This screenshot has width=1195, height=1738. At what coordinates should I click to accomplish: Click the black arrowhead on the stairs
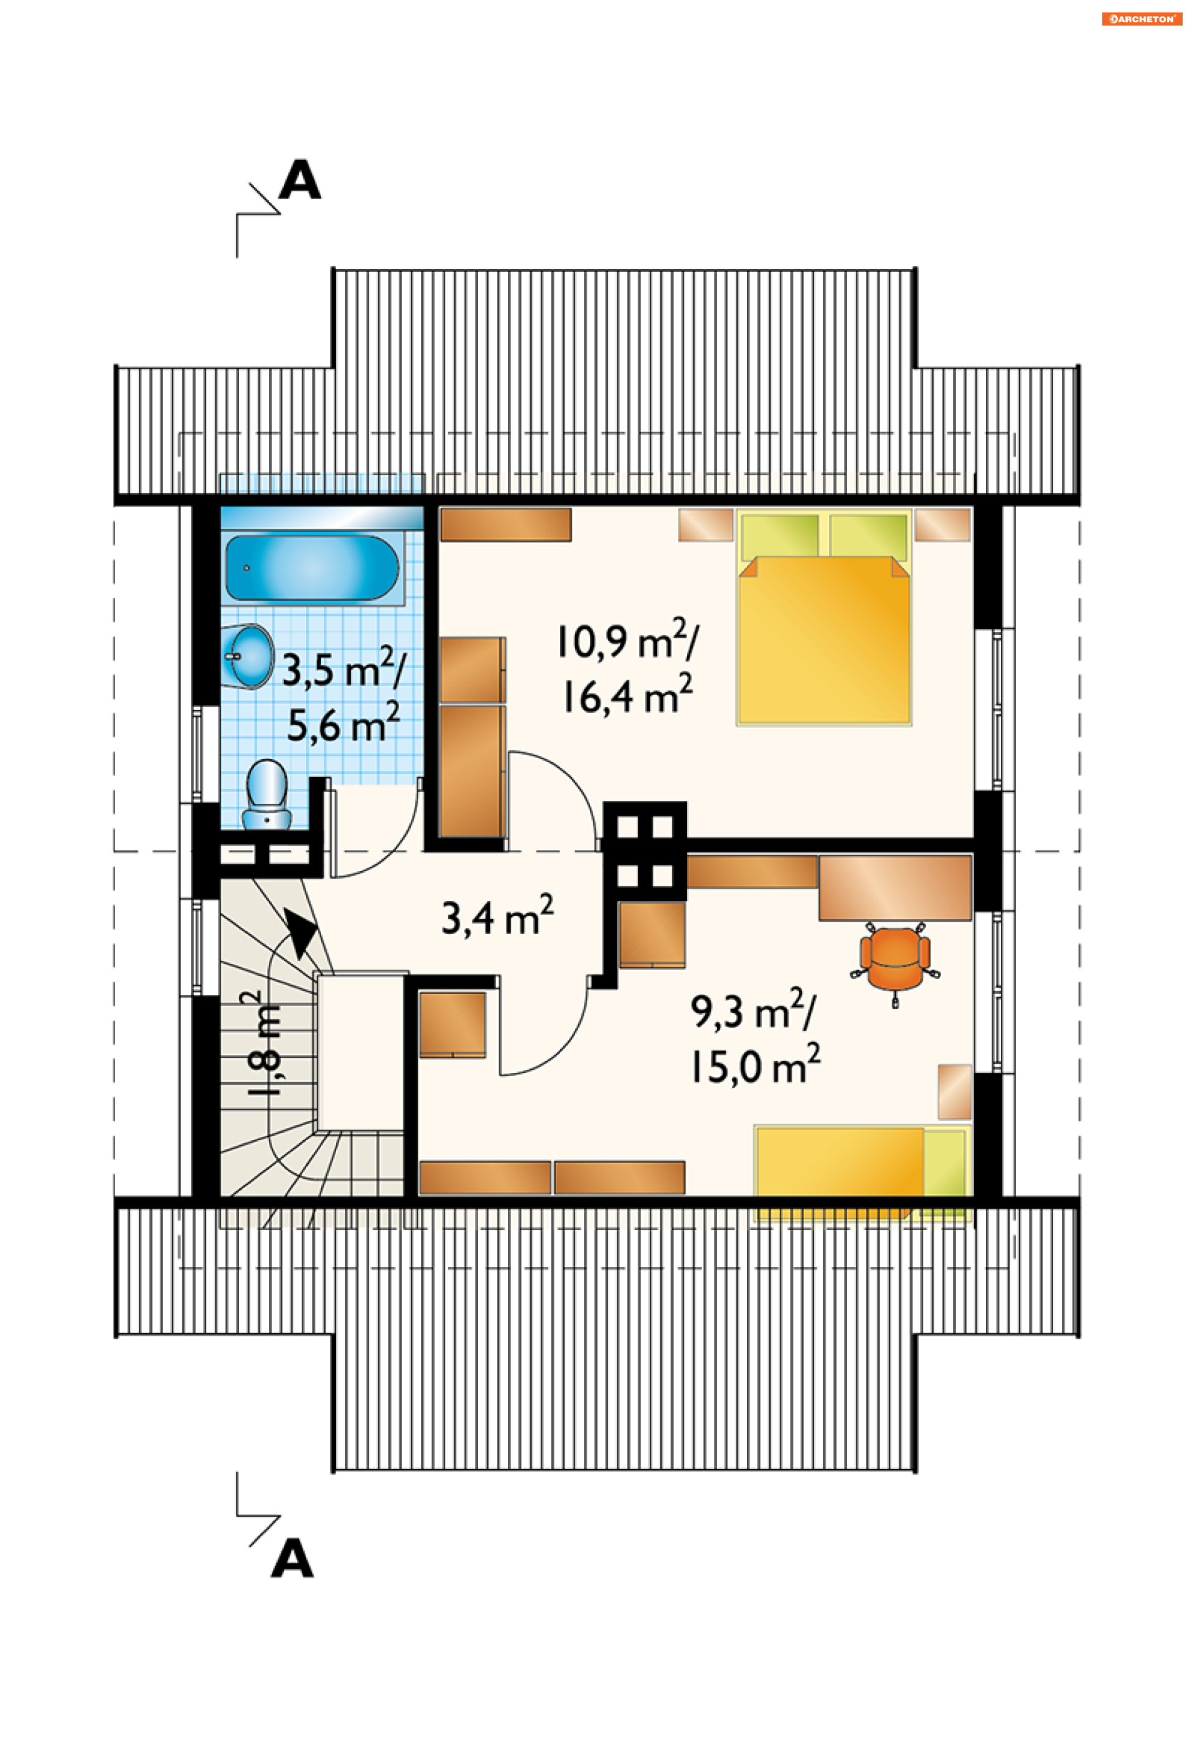click(301, 935)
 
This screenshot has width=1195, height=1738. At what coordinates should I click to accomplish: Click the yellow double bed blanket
click(823, 641)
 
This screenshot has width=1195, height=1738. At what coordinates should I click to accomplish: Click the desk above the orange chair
click(895, 888)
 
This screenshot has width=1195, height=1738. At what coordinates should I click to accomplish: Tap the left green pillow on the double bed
click(779, 536)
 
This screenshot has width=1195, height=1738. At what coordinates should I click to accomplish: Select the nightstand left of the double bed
click(705, 524)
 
